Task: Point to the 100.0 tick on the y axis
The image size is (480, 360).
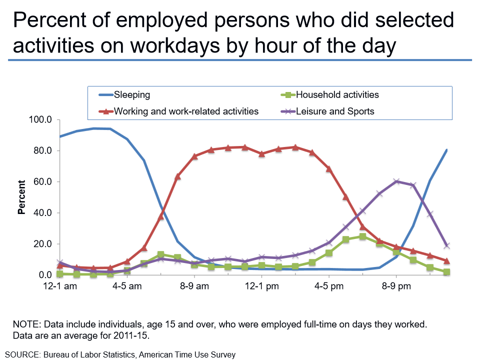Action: click(x=41, y=120)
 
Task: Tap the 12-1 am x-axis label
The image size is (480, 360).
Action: click(x=60, y=286)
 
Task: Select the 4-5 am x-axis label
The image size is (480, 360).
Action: click(x=127, y=286)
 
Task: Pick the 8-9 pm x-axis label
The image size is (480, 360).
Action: click(x=396, y=286)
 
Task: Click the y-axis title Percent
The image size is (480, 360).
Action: click(x=21, y=197)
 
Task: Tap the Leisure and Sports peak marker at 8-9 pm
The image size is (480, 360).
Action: click(x=396, y=181)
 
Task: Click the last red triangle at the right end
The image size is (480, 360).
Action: click(x=446, y=261)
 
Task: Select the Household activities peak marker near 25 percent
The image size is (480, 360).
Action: click(x=362, y=236)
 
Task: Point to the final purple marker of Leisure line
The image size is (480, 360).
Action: click(x=446, y=245)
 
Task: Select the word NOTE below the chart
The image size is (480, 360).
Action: click(x=27, y=323)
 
